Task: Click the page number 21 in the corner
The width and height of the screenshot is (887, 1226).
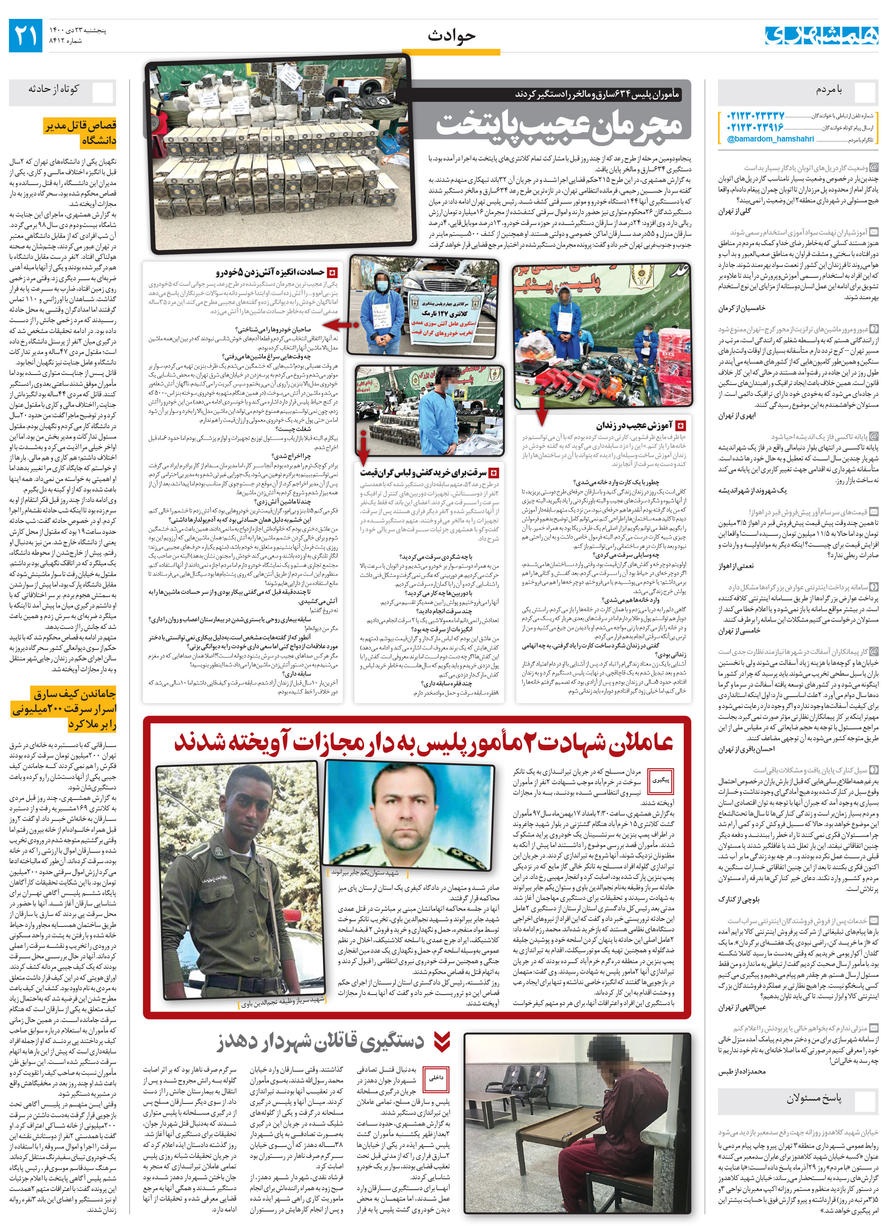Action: tap(25, 35)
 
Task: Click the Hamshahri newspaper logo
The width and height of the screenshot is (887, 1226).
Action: tap(820, 35)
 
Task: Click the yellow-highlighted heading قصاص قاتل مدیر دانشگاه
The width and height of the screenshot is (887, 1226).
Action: tap(81, 133)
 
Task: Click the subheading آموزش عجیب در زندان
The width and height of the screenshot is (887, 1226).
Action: tap(633, 425)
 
